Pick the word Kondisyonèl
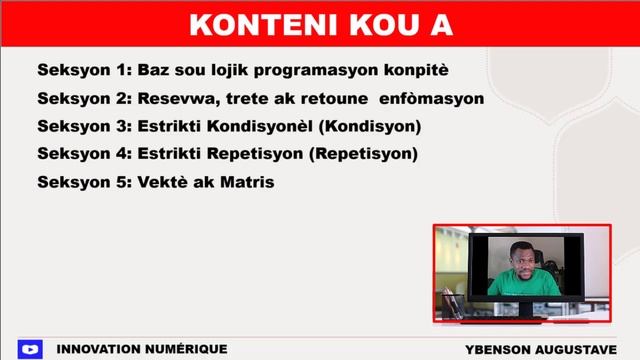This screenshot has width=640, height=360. pos(275,127)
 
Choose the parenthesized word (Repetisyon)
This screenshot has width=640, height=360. pos(362,155)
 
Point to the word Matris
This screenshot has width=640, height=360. pos(248,183)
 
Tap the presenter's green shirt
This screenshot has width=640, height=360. pos(523,284)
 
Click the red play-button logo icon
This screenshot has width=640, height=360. pos(30,349)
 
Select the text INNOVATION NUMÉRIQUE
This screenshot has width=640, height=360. pos(142,349)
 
